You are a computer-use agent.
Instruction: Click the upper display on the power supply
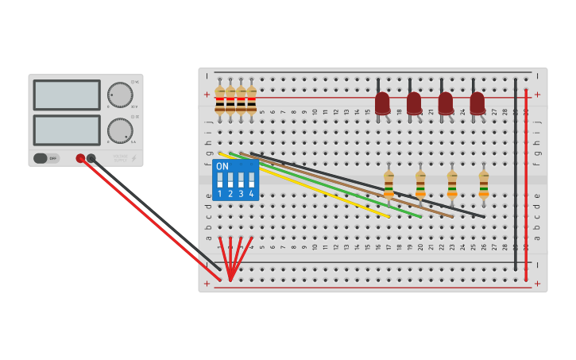coord(67,95)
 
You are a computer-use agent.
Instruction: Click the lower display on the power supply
coord(67,130)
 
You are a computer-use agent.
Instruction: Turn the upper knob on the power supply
coord(120,95)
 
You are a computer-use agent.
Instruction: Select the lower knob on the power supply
coord(120,130)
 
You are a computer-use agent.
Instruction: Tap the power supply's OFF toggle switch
coord(46,158)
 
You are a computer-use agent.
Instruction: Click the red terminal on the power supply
coord(80,158)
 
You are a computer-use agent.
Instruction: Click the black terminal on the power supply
coord(91,158)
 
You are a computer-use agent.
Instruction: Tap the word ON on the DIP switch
coord(222,167)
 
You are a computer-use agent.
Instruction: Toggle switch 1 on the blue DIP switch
coord(220,180)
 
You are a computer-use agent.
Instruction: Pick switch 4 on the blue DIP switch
coord(251,180)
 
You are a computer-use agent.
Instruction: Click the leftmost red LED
coord(382,103)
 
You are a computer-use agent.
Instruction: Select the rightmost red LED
coord(477,103)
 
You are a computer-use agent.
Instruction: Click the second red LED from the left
coord(414,103)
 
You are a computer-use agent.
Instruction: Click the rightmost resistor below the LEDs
coord(484,184)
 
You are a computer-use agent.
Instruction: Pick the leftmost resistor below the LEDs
coord(389,184)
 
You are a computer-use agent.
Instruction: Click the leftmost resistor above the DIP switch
coord(220,101)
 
